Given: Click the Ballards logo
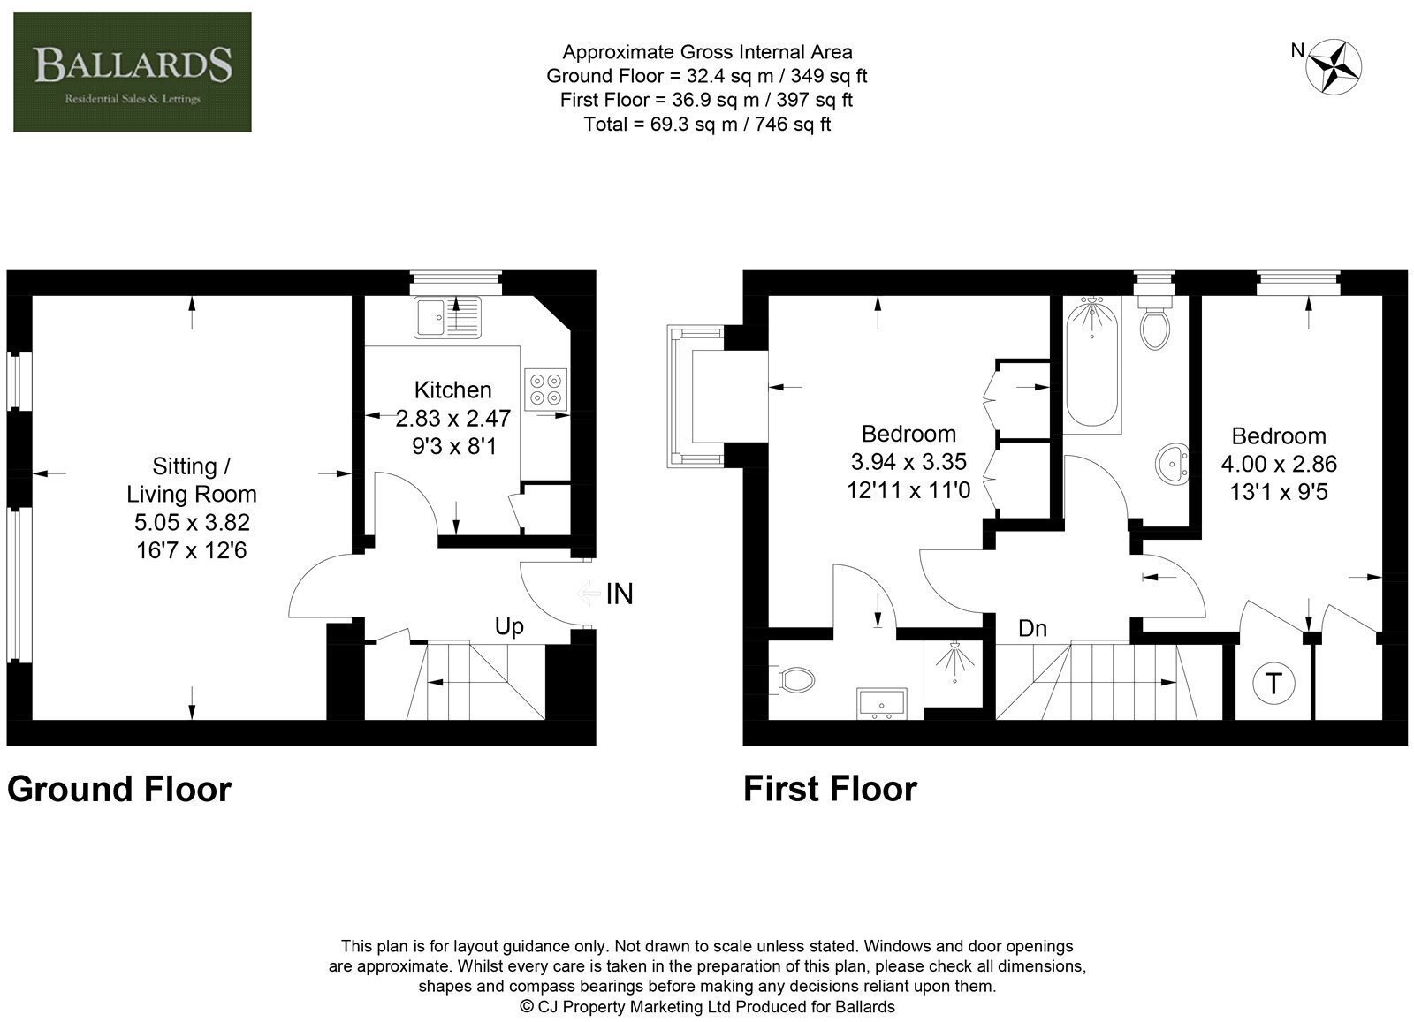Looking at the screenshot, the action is coord(132,72).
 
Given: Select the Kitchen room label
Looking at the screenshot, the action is coord(452,390).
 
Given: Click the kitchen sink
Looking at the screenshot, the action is coord(447,317).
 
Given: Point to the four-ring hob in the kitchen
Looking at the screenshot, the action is coord(545,390).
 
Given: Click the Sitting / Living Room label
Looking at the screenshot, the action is coord(191,481).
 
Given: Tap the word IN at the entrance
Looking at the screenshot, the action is coord(620,594).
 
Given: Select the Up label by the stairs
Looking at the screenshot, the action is coord(509,626).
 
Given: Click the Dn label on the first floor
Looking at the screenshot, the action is coord(1032,628).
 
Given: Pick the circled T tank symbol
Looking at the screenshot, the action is coord(1273,683).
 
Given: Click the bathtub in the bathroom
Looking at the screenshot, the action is coord(1092,365).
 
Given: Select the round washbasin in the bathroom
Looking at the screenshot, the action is coord(1172,465).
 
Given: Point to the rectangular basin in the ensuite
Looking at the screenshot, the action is coord(882,703).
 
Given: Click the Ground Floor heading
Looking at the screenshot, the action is coord(119,789).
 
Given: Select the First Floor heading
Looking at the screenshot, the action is coord(830,789).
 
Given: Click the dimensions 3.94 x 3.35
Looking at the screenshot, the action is coord(908,462).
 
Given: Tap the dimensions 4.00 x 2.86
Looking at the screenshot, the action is coord(1279,465).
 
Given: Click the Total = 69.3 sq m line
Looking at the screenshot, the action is coord(707,125).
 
